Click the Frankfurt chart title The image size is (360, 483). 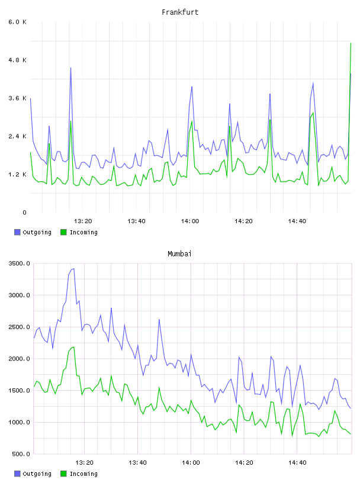180,12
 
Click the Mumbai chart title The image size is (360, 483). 179,254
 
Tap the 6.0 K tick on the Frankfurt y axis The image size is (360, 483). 18,22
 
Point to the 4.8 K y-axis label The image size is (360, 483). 18,60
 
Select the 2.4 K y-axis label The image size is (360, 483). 18,137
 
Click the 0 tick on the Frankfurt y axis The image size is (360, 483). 24,212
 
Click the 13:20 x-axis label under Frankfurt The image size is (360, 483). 83,221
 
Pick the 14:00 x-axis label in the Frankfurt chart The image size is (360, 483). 190,221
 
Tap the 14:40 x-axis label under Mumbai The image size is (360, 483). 297,463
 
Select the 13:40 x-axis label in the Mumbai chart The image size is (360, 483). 137,463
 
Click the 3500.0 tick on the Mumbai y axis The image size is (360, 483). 20,263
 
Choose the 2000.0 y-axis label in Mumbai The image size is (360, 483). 20,359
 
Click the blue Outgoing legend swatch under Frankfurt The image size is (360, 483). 17,232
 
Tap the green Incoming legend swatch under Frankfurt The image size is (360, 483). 63,232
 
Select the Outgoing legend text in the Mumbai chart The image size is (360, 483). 37,474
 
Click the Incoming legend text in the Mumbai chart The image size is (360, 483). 83,474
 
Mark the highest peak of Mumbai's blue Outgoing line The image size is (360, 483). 73,269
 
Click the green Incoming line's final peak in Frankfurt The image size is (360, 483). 351,43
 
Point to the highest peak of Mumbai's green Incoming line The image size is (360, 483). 74,347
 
